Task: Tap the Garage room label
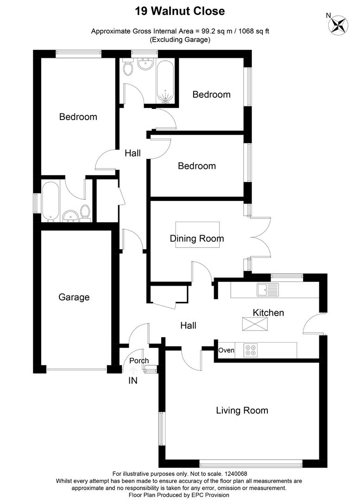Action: coord(74,297)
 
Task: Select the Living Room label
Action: coord(242,410)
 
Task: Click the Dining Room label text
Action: coord(197,238)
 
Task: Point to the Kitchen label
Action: coord(268,313)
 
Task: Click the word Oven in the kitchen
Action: coord(227,350)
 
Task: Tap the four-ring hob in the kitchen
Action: coord(251,350)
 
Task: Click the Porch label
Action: coord(139,361)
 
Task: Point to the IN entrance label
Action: coord(133,381)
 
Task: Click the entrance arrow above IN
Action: coord(133,370)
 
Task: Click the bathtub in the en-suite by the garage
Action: coord(50,201)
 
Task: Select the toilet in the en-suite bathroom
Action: coord(85,212)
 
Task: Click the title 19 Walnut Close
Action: coord(180,11)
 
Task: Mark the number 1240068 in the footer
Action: coord(236,474)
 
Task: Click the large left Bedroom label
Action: coord(78,117)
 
